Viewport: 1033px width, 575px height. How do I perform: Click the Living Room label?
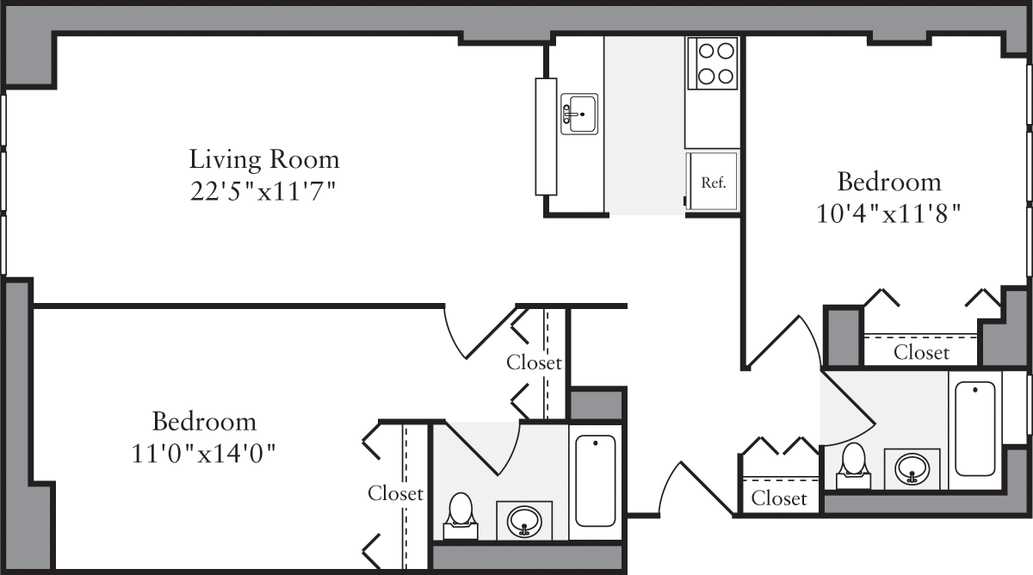pos(264,159)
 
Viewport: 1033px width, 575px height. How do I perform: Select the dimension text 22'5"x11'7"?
pos(263,190)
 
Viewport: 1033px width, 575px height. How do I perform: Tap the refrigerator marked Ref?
pos(711,182)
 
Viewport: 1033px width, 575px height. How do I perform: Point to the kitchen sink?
pos(579,114)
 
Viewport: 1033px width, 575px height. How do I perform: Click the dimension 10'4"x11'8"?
pos(888,213)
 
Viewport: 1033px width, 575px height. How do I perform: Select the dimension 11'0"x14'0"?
pos(203,453)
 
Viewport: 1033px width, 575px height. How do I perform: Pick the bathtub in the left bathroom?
pos(595,480)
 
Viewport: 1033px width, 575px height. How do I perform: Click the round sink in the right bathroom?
pos(912,469)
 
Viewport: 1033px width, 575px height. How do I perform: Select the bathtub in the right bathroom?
pos(974,428)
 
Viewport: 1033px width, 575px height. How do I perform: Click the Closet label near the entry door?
pos(779,498)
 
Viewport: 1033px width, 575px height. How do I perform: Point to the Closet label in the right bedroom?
pos(921,352)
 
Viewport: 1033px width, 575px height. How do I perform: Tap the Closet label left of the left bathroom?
pos(395,493)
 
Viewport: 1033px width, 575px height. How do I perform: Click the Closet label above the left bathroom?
pos(534,362)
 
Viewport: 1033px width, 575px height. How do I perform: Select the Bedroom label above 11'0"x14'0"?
pos(204,422)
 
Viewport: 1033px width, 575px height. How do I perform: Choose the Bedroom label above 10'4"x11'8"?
pos(889,182)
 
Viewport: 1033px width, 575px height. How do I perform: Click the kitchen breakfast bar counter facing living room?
pos(546,136)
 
